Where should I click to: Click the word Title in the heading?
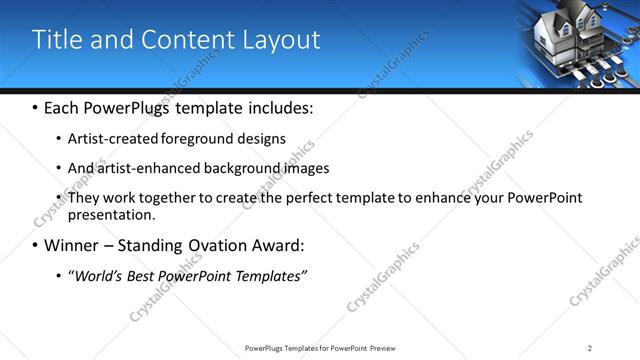[x=55, y=40]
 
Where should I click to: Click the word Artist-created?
[x=109, y=139]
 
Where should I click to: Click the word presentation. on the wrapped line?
[x=112, y=214]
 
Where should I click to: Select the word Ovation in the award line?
[x=212, y=245]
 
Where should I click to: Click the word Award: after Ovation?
[x=278, y=245]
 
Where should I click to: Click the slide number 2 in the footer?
[x=590, y=347]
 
